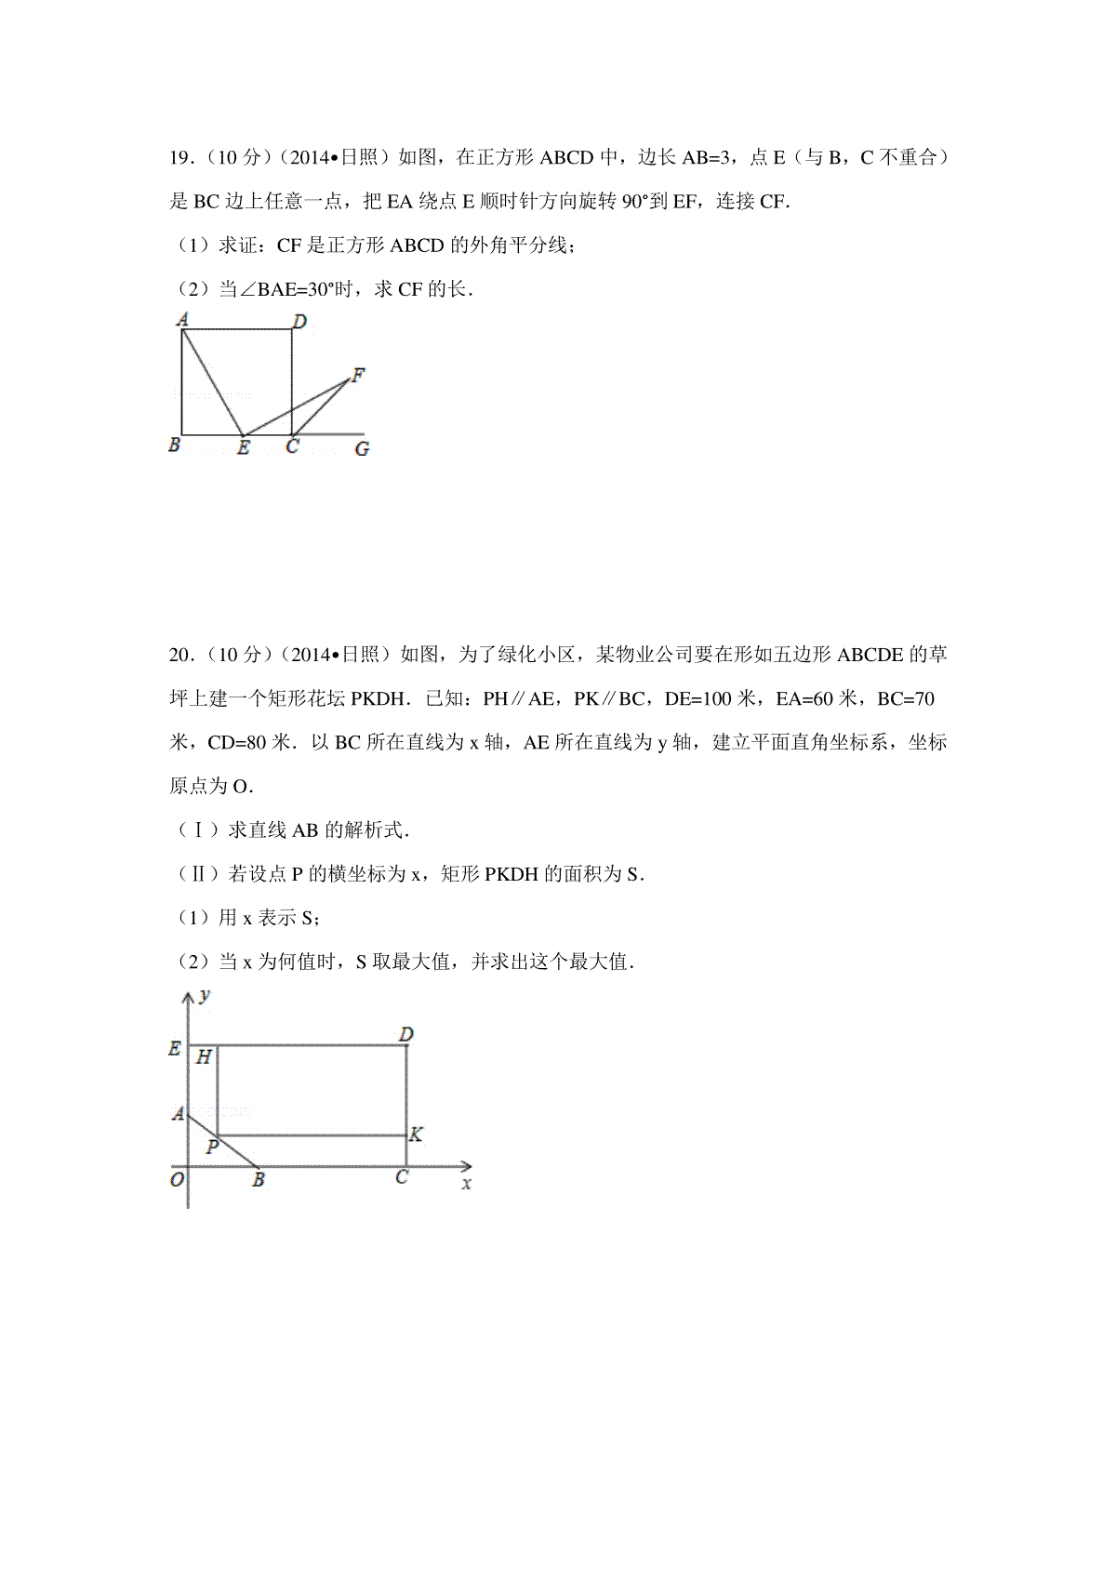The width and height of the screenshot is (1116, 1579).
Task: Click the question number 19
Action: [179, 158]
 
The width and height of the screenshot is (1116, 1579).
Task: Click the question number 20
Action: [179, 656]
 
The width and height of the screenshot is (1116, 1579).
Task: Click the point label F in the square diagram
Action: [358, 376]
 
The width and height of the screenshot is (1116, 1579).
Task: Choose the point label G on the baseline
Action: [362, 449]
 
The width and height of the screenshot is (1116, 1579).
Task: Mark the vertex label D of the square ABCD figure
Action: [299, 322]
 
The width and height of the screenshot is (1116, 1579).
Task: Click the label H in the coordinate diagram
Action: [204, 1057]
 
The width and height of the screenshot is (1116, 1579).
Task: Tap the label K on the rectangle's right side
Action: [417, 1134]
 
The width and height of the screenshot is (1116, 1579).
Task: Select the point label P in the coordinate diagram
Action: [212, 1148]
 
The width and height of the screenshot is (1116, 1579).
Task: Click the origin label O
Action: [177, 1180]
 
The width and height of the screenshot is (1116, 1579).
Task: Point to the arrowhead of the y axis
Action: [188, 997]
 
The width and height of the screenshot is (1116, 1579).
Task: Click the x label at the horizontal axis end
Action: [466, 1184]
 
